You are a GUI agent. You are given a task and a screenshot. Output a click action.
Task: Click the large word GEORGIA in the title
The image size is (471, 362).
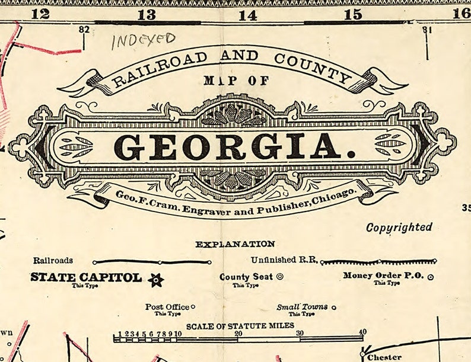tap(235, 147)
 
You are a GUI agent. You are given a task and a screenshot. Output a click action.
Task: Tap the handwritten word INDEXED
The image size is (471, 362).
tap(144, 40)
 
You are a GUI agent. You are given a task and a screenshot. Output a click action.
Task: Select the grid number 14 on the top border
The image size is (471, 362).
tap(248, 15)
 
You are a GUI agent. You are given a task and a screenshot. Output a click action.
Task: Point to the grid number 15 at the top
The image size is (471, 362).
tap(353, 14)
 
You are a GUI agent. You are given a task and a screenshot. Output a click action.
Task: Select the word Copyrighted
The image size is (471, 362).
tap(399, 227)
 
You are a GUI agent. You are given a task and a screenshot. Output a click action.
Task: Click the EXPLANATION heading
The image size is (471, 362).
tap(235, 244)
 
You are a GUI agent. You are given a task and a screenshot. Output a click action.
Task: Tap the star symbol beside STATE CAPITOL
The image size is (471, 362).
tap(156, 280)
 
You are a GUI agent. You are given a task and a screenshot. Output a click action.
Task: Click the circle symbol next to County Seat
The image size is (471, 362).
tap(280, 276)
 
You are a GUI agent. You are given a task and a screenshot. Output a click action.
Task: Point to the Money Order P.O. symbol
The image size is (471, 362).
tap(431, 277)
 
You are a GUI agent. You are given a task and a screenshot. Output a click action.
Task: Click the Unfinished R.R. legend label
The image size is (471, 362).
tap(284, 260)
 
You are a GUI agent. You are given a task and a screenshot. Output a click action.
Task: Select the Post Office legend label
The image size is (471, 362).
tap(167, 307)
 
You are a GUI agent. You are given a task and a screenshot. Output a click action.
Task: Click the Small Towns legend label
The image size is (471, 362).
tap(302, 307)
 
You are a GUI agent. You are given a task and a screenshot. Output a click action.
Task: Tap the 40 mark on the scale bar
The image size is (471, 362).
tap(362, 332)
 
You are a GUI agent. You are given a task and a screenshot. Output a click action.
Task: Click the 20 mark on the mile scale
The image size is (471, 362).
tap(238, 333)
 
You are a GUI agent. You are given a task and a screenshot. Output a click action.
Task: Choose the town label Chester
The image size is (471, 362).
tap(384, 357)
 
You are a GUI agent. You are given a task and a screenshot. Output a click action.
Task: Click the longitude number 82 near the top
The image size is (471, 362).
tap(83, 29)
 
